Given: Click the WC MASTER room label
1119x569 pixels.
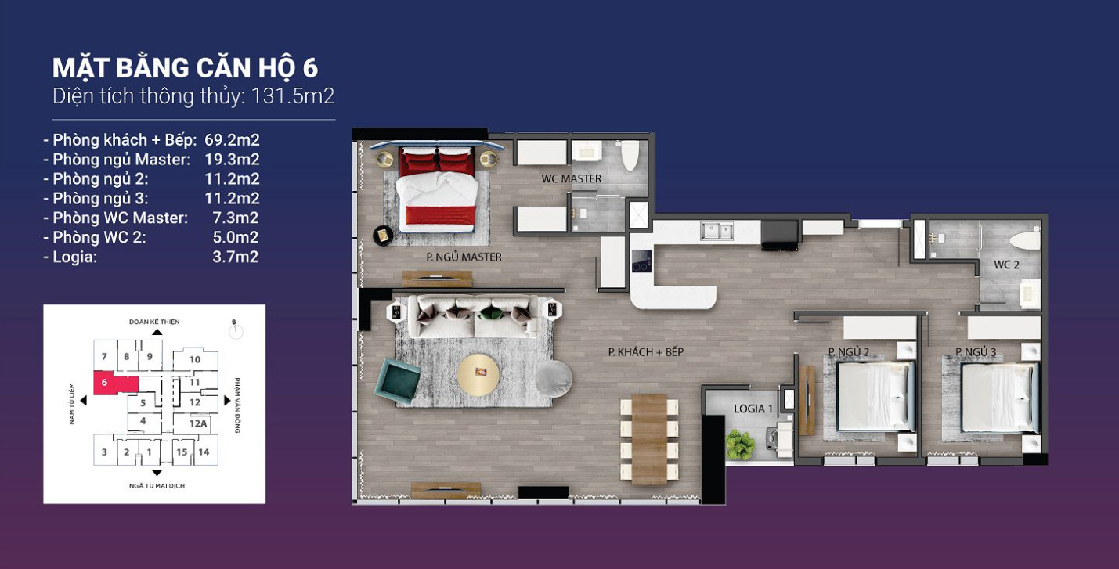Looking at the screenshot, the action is [x=572, y=178].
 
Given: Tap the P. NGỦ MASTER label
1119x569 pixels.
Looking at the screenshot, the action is [x=464, y=257].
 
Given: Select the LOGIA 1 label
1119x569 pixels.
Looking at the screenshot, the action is [x=753, y=409].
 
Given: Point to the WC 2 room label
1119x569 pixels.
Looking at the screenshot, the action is [x=1006, y=265].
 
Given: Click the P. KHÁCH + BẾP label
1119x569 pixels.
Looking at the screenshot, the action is [x=645, y=352].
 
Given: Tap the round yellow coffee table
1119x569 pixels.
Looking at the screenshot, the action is [x=478, y=376].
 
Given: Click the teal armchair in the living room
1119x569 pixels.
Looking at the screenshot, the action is [x=398, y=380].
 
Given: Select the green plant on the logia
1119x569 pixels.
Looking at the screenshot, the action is [x=739, y=445].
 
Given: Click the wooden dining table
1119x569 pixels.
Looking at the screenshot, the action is [x=649, y=439].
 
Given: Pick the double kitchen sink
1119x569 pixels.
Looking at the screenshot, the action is [x=717, y=232].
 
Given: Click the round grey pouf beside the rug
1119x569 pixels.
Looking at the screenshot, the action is [x=554, y=379].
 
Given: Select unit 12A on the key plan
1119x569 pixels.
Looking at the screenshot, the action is [x=198, y=423].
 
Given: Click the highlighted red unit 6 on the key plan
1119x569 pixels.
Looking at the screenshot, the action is [x=115, y=383].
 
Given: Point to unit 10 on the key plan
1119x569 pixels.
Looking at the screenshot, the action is [x=195, y=359].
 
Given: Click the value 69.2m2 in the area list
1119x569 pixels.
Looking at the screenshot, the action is [x=232, y=140].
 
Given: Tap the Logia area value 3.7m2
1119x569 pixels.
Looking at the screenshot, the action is [x=235, y=257].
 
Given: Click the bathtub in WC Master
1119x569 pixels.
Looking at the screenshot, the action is [x=630, y=155].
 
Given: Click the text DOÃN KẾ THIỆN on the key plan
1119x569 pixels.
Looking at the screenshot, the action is [x=154, y=322].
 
